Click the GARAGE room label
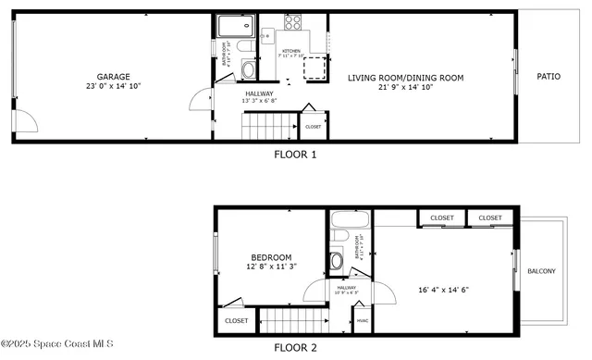point(114,77)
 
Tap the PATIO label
point(549,76)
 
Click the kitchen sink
point(266,37)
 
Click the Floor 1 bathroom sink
point(248,70)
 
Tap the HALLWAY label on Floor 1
point(259,93)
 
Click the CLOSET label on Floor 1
point(313,127)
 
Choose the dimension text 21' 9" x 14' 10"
point(405,88)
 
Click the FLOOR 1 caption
point(295,155)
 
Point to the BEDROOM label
point(271,257)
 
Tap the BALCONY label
point(541,271)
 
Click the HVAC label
point(362,321)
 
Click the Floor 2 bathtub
point(351,223)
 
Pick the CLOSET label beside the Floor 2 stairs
point(236,320)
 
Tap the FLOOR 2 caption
point(295,348)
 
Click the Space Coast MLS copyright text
point(57,345)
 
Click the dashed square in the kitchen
point(316,69)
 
